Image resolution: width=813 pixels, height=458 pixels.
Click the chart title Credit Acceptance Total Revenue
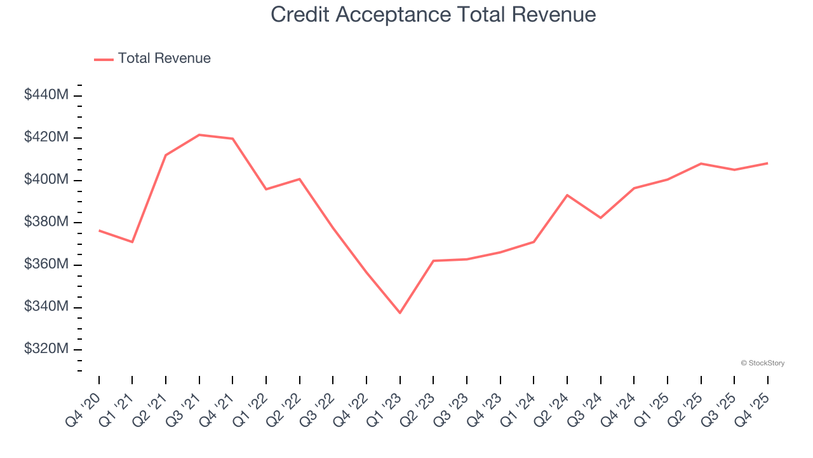[433, 15]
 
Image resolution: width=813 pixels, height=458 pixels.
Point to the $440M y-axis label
[46, 95]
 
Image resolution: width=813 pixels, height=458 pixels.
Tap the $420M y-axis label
[46, 137]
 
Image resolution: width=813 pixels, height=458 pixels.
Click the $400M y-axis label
[46, 180]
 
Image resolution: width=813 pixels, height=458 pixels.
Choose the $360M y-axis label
[46, 265]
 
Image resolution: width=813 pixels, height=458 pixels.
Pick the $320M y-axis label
[46, 349]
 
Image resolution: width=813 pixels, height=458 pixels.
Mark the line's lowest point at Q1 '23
[400, 313]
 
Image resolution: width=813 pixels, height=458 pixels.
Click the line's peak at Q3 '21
[199, 135]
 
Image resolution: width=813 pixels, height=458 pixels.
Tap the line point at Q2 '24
[567, 195]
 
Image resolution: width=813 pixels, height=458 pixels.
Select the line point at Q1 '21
[132, 242]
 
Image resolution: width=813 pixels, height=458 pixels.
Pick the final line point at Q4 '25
[767, 163]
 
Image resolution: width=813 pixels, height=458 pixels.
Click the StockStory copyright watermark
[762, 363]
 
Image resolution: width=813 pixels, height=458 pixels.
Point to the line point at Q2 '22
[299, 179]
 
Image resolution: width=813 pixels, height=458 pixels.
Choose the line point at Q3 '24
[600, 218]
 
